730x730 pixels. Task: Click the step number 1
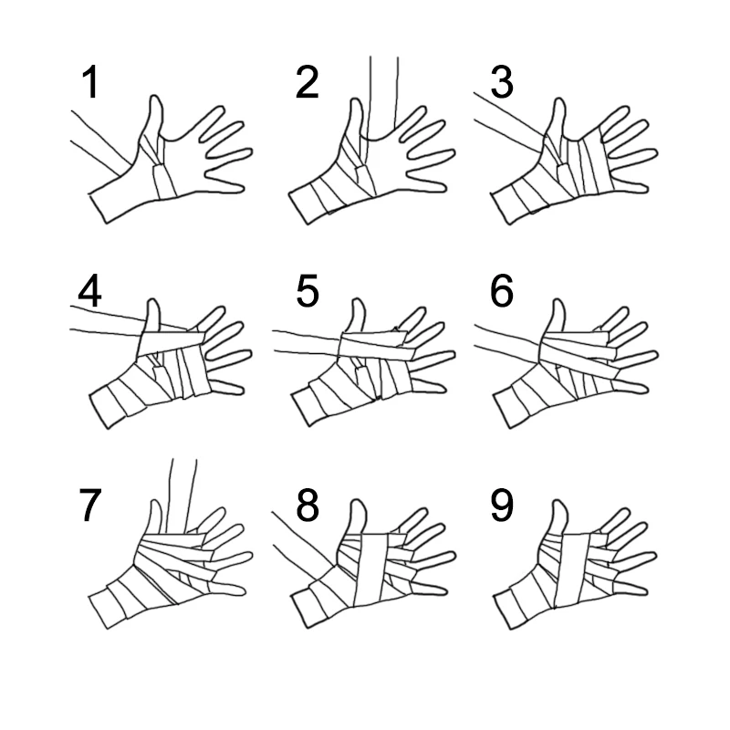tap(90, 82)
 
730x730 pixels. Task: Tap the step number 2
tap(308, 82)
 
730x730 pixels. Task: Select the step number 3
tap(502, 82)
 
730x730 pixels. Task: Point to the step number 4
tap(89, 290)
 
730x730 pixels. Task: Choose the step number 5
tap(308, 290)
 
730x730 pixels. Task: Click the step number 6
tap(502, 290)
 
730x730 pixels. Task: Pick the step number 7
tap(90, 505)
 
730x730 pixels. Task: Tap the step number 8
tap(308, 505)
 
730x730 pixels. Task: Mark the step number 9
tap(502, 505)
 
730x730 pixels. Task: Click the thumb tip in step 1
tap(155, 97)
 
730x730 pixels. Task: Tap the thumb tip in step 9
tap(558, 501)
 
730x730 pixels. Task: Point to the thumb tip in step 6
tap(558, 300)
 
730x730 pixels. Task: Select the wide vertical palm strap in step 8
tap(370, 569)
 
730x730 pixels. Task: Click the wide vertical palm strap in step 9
tap(574, 569)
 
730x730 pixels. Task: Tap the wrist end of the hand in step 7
tap(99, 612)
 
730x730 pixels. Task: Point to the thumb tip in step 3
tap(558, 99)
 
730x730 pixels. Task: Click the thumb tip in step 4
tap(152, 301)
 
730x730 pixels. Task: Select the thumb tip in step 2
tap(356, 99)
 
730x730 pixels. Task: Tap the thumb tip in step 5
tap(357, 301)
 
